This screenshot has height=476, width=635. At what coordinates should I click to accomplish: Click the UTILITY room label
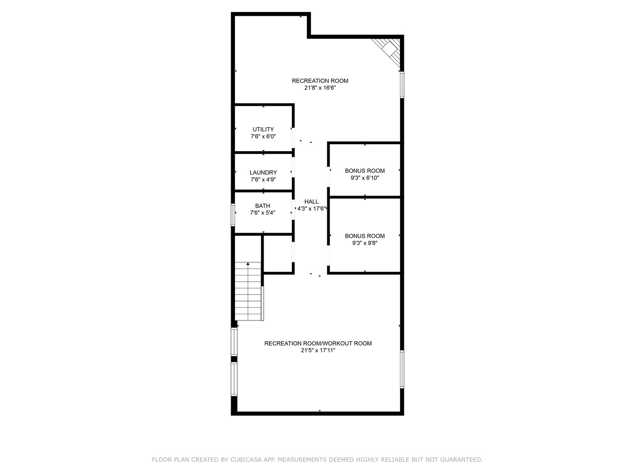pyautogui.click(x=263, y=129)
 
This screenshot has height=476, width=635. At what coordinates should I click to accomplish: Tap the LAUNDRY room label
pyautogui.click(x=263, y=172)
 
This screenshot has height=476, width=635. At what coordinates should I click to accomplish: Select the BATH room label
pyautogui.click(x=263, y=206)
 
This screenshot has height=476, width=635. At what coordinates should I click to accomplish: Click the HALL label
pyautogui.click(x=311, y=201)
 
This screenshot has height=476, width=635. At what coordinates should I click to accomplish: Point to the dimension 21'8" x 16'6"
pyautogui.click(x=320, y=88)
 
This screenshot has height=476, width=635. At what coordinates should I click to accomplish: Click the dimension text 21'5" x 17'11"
pyautogui.click(x=318, y=350)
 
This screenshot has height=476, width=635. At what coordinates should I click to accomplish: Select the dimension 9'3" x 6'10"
pyautogui.click(x=365, y=178)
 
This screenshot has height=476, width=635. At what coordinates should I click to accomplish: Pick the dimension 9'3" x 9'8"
pyautogui.click(x=365, y=243)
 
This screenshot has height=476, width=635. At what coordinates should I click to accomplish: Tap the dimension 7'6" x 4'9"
pyautogui.click(x=263, y=179)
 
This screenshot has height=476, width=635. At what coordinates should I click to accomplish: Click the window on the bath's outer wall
pyautogui.click(x=233, y=215)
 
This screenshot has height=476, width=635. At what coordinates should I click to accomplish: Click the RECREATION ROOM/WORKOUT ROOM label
pyautogui.click(x=318, y=343)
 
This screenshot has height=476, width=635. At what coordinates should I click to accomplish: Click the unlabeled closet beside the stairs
pyautogui.click(x=278, y=254)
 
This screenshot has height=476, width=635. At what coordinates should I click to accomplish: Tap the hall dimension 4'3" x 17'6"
pyautogui.click(x=311, y=208)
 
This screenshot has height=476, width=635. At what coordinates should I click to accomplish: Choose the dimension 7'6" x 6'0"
pyautogui.click(x=263, y=136)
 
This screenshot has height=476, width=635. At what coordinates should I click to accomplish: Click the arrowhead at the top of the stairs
pyautogui.click(x=248, y=264)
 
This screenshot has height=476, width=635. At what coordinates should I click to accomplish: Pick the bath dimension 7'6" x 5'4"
pyautogui.click(x=263, y=213)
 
